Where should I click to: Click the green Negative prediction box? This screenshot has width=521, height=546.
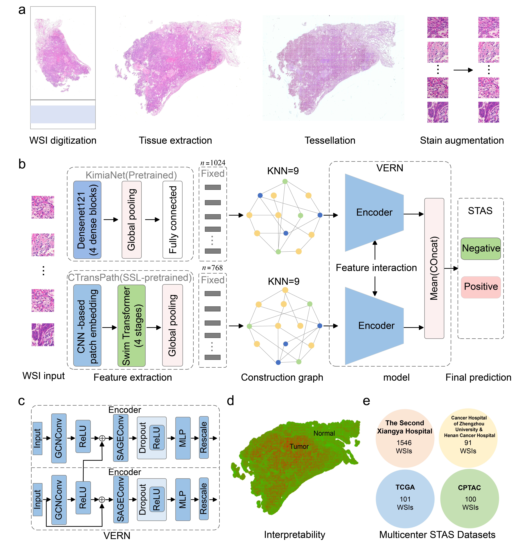[481, 249]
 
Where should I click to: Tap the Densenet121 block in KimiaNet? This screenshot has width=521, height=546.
[87, 220]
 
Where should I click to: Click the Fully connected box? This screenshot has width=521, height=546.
[172, 220]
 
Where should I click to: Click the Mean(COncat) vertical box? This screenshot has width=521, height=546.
[434, 268]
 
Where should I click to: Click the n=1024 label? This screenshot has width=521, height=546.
[213, 163]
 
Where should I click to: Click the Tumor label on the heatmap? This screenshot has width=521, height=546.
[299, 446]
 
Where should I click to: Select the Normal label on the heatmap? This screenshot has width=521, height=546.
[324, 433]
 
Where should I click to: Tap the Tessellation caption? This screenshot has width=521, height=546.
[330, 140]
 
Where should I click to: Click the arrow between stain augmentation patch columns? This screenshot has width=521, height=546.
[463, 70]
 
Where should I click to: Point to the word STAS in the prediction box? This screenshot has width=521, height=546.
[480, 211]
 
